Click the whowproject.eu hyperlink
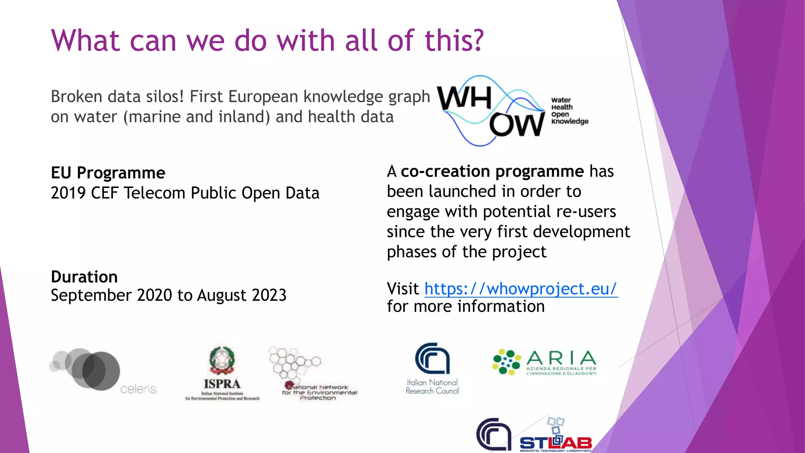(521, 289)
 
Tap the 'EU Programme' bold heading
(108, 173)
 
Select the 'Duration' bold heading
(84, 277)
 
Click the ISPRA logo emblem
(222, 361)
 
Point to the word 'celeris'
(138, 389)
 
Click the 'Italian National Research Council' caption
(432, 387)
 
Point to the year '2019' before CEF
(68, 193)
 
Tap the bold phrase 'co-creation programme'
(492, 171)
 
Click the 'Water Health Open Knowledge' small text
(569, 111)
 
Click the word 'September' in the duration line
(91, 295)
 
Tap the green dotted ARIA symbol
(506, 362)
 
